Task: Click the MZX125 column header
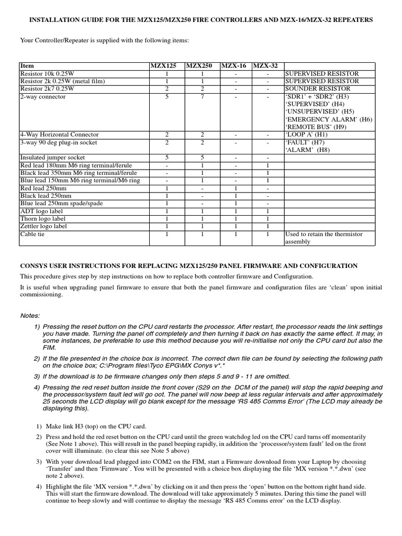pos(163,66)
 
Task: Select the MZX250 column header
pos(199,66)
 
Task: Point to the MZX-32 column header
pos(266,66)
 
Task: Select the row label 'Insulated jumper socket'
pos(52,157)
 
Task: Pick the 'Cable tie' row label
pos(32,234)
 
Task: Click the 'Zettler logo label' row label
pos(43,226)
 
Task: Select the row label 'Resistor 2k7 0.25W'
pos(47,89)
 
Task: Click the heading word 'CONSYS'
pos(35,266)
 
